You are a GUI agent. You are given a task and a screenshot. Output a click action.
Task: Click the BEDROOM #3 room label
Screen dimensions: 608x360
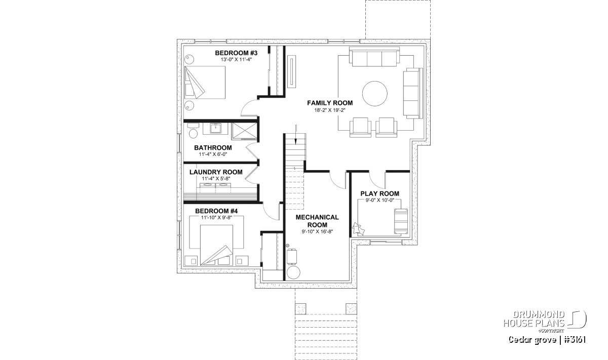(236, 53)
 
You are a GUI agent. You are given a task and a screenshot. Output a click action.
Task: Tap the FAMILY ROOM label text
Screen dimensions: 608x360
(330, 103)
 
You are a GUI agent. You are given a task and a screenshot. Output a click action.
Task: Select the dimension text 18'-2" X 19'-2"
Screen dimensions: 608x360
(330, 110)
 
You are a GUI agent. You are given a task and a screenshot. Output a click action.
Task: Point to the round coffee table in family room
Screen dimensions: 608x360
(374, 94)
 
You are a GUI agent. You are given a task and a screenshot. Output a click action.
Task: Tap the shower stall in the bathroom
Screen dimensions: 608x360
(244, 131)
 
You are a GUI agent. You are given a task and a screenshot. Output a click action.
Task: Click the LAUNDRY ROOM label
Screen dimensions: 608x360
(216, 172)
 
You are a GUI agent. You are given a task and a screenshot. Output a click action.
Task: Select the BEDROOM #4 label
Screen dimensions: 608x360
(216, 211)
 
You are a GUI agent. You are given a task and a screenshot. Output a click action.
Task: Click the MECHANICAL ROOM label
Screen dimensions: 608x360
(317, 221)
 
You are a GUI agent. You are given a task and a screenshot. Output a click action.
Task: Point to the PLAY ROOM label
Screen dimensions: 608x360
(379, 194)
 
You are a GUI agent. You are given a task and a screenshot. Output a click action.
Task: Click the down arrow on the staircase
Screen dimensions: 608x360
(296, 135)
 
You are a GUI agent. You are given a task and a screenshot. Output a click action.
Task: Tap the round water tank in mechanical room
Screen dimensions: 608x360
(293, 272)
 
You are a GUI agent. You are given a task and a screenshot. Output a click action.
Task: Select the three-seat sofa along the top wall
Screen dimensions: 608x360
(374, 56)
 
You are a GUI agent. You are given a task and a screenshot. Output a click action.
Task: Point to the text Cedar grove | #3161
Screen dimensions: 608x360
(547, 340)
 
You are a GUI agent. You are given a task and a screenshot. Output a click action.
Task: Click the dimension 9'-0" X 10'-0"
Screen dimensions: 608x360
(379, 201)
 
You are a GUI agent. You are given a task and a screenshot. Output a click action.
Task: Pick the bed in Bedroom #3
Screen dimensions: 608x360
(205, 83)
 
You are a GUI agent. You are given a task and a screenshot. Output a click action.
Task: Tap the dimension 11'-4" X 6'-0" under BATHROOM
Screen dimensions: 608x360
(213, 154)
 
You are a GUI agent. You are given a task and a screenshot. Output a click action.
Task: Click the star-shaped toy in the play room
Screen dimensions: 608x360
(358, 228)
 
